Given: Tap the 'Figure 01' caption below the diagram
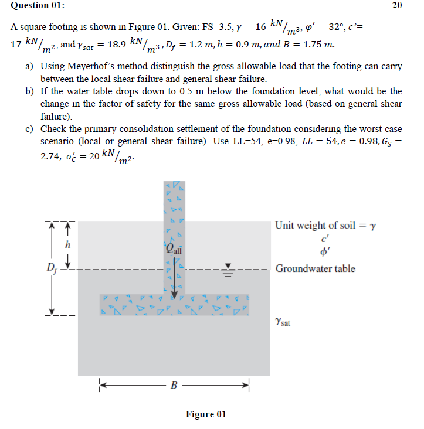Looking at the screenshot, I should click(205, 414).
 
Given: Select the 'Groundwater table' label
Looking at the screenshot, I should click(315, 268).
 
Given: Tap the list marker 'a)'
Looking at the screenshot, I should click(29, 67).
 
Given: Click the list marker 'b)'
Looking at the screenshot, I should click(29, 91).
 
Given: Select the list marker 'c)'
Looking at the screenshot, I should click(29, 128).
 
